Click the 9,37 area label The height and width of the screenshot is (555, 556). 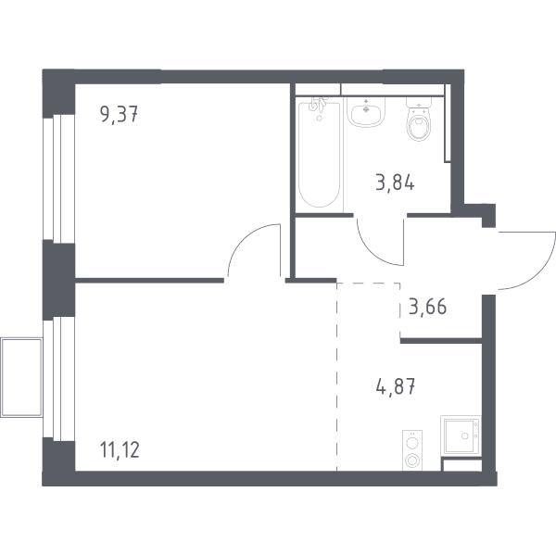pos(120,115)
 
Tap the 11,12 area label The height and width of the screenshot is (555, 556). pos(120,449)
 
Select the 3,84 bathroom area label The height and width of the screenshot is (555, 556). pos(395,183)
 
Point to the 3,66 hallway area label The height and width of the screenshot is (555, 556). pos(427,307)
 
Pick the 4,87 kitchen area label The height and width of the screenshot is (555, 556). pos(396,386)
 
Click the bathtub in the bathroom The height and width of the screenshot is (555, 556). pos(320,154)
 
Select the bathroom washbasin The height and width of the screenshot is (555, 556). pos(366,111)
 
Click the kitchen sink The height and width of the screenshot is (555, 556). pos(461,435)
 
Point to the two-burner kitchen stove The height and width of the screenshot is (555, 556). pos(412,450)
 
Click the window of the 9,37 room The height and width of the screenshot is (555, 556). pos(58,179)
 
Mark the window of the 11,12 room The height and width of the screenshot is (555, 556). pos(58,378)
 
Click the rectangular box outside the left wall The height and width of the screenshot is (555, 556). pos(21,378)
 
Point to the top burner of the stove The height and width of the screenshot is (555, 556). pos(412,443)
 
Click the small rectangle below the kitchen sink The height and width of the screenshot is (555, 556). pos(461,465)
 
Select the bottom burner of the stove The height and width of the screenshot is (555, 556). pos(412,460)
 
